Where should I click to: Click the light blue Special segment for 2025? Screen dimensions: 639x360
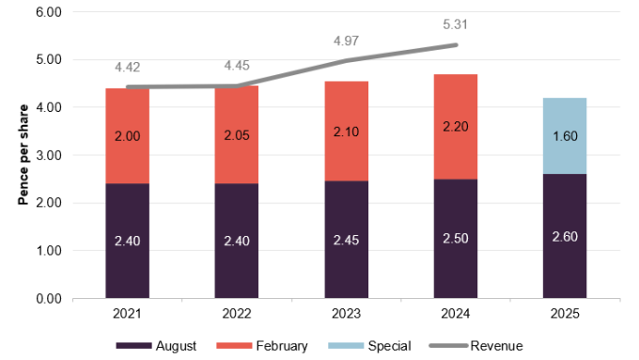pos(565,135)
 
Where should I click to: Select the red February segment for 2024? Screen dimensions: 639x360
pos(455,127)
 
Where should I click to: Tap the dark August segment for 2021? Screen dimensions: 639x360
pos(127,241)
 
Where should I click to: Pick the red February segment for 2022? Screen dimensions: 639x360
pos(237,134)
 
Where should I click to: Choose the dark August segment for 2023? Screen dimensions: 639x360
pos(346,240)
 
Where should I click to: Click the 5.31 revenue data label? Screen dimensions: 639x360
pos(455,24)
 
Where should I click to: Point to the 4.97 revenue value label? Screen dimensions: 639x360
pos(346,40)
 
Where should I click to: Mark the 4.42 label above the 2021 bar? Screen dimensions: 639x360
pos(127,67)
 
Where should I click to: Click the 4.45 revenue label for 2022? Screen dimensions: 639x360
pos(237,65)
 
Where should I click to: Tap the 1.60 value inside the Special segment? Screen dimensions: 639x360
pos(565,135)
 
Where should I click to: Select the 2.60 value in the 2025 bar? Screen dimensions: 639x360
pos(565,237)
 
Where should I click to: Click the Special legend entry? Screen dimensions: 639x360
pos(369,346)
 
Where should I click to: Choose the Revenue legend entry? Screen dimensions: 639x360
pos(476,346)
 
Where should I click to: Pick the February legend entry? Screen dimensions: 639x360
pos(262,346)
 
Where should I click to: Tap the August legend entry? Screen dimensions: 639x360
pos(156,346)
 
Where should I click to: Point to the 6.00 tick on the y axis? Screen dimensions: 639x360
pos(49,12)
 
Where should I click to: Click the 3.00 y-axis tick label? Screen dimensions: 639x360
pos(49,155)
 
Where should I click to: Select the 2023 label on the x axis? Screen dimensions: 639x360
pos(346,313)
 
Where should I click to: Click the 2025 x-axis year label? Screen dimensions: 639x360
pos(565,313)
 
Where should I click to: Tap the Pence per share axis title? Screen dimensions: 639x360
pos(23,155)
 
